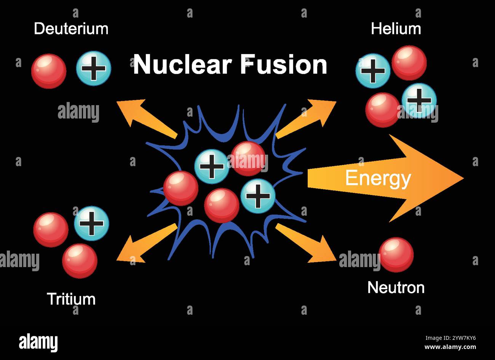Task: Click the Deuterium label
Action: click(71, 29)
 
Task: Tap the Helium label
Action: click(396, 29)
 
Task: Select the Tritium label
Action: click(71, 299)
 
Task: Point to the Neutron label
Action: click(396, 288)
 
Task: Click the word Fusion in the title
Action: click(283, 64)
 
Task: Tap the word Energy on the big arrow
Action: click(378, 178)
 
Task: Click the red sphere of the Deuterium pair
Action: click(49, 71)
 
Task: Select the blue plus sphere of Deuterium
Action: click(94, 68)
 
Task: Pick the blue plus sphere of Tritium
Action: click(91, 223)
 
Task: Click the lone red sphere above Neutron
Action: click(396, 254)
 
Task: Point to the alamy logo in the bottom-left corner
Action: click(38, 342)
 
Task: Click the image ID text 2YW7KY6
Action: click(450, 338)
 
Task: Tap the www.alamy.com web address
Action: click(450, 347)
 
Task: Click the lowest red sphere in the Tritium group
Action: click(80, 261)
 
